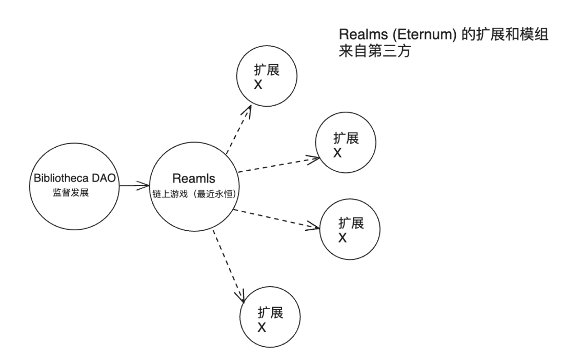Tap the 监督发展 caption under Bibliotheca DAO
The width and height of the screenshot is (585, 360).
point(71,193)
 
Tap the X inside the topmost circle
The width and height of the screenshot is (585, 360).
point(258,85)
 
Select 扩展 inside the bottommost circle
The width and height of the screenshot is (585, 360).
point(271,312)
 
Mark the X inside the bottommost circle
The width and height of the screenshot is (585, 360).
point(262,327)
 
